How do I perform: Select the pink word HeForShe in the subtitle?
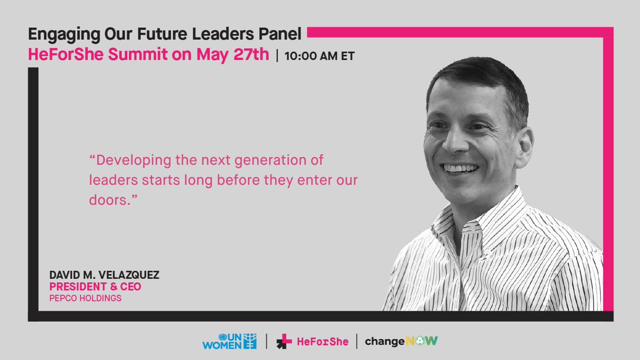(x=61, y=54)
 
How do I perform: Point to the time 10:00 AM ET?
(x=319, y=56)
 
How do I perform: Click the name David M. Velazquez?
(x=105, y=276)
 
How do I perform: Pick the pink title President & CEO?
(x=95, y=287)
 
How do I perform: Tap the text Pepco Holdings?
(x=85, y=298)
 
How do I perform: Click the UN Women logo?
(x=229, y=341)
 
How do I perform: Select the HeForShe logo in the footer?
(x=313, y=341)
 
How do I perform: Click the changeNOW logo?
(x=402, y=341)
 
